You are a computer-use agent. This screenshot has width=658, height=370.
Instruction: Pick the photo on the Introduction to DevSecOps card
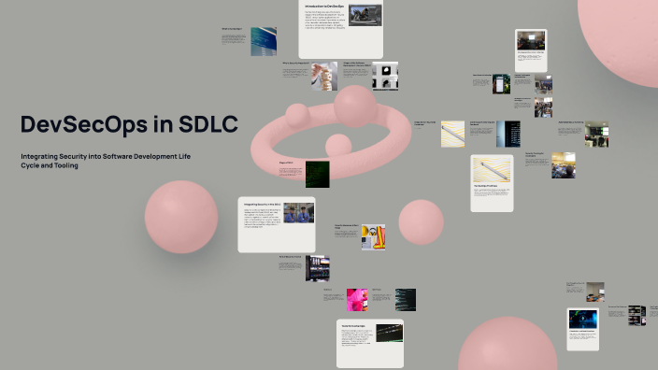click(365, 16)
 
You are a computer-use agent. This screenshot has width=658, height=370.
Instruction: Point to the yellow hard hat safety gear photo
click(374, 236)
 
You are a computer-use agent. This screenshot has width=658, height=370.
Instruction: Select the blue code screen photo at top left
click(263, 41)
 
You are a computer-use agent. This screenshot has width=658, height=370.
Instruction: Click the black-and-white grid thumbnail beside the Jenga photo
click(384, 75)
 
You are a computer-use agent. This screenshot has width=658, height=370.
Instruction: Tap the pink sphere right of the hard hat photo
click(421, 221)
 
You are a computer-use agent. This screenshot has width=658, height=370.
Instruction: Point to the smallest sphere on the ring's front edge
click(337, 145)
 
